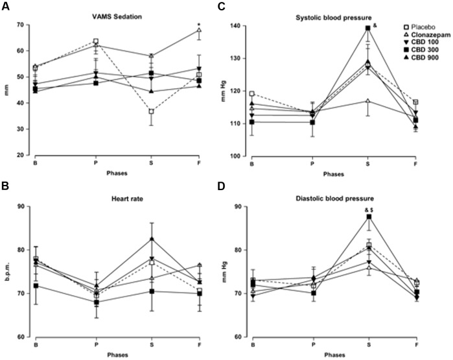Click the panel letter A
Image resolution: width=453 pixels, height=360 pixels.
[7, 8]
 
